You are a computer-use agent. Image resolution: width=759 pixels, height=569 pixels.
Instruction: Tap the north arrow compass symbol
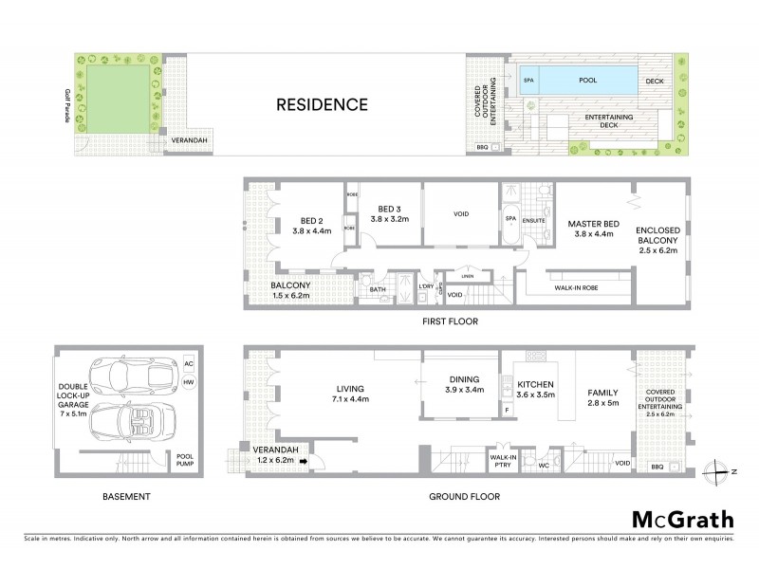tap(718, 468)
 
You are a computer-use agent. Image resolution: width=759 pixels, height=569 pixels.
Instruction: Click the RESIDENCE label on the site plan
tap(322, 104)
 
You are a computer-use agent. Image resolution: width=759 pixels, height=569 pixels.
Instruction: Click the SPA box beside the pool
tap(529, 82)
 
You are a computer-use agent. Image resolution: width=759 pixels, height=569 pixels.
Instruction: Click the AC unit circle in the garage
tap(187, 363)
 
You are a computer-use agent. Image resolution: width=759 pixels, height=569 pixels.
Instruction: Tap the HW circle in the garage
tap(187, 381)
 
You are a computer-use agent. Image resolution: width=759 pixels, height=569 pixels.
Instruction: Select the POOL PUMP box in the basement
tap(185, 460)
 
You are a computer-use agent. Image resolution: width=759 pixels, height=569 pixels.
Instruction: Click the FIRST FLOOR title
tap(450, 321)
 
